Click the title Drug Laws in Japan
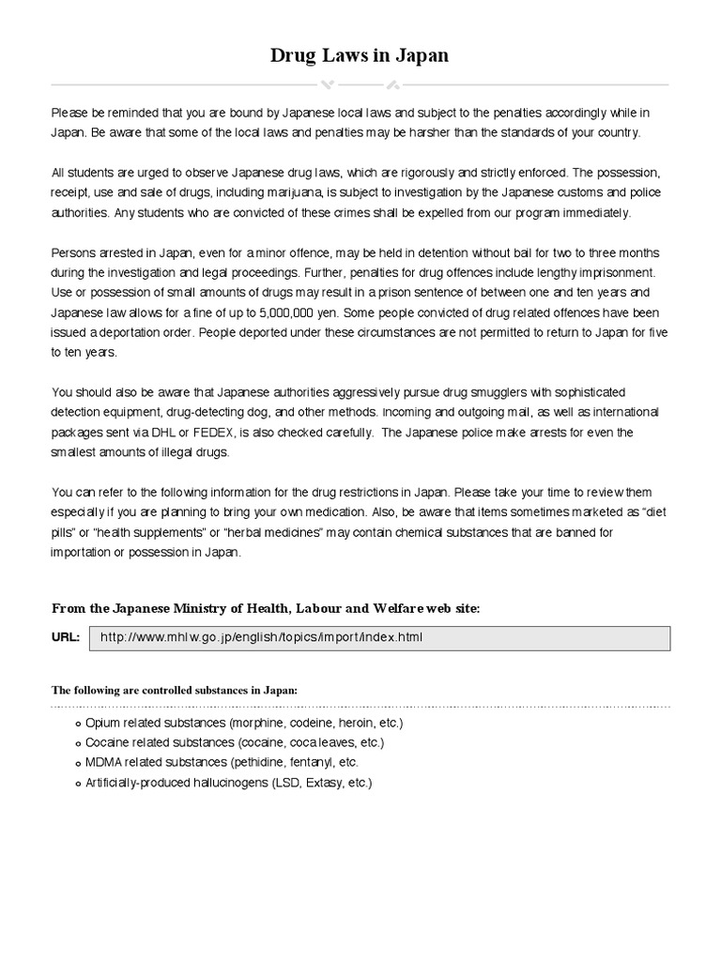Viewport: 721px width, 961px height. coord(360,55)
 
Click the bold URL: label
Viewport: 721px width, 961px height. coord(65,638)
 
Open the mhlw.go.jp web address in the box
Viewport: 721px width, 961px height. coord(261,638)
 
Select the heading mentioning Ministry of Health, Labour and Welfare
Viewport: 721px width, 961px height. coord(265,608)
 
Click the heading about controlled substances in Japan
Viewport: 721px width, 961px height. coord(174,690)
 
